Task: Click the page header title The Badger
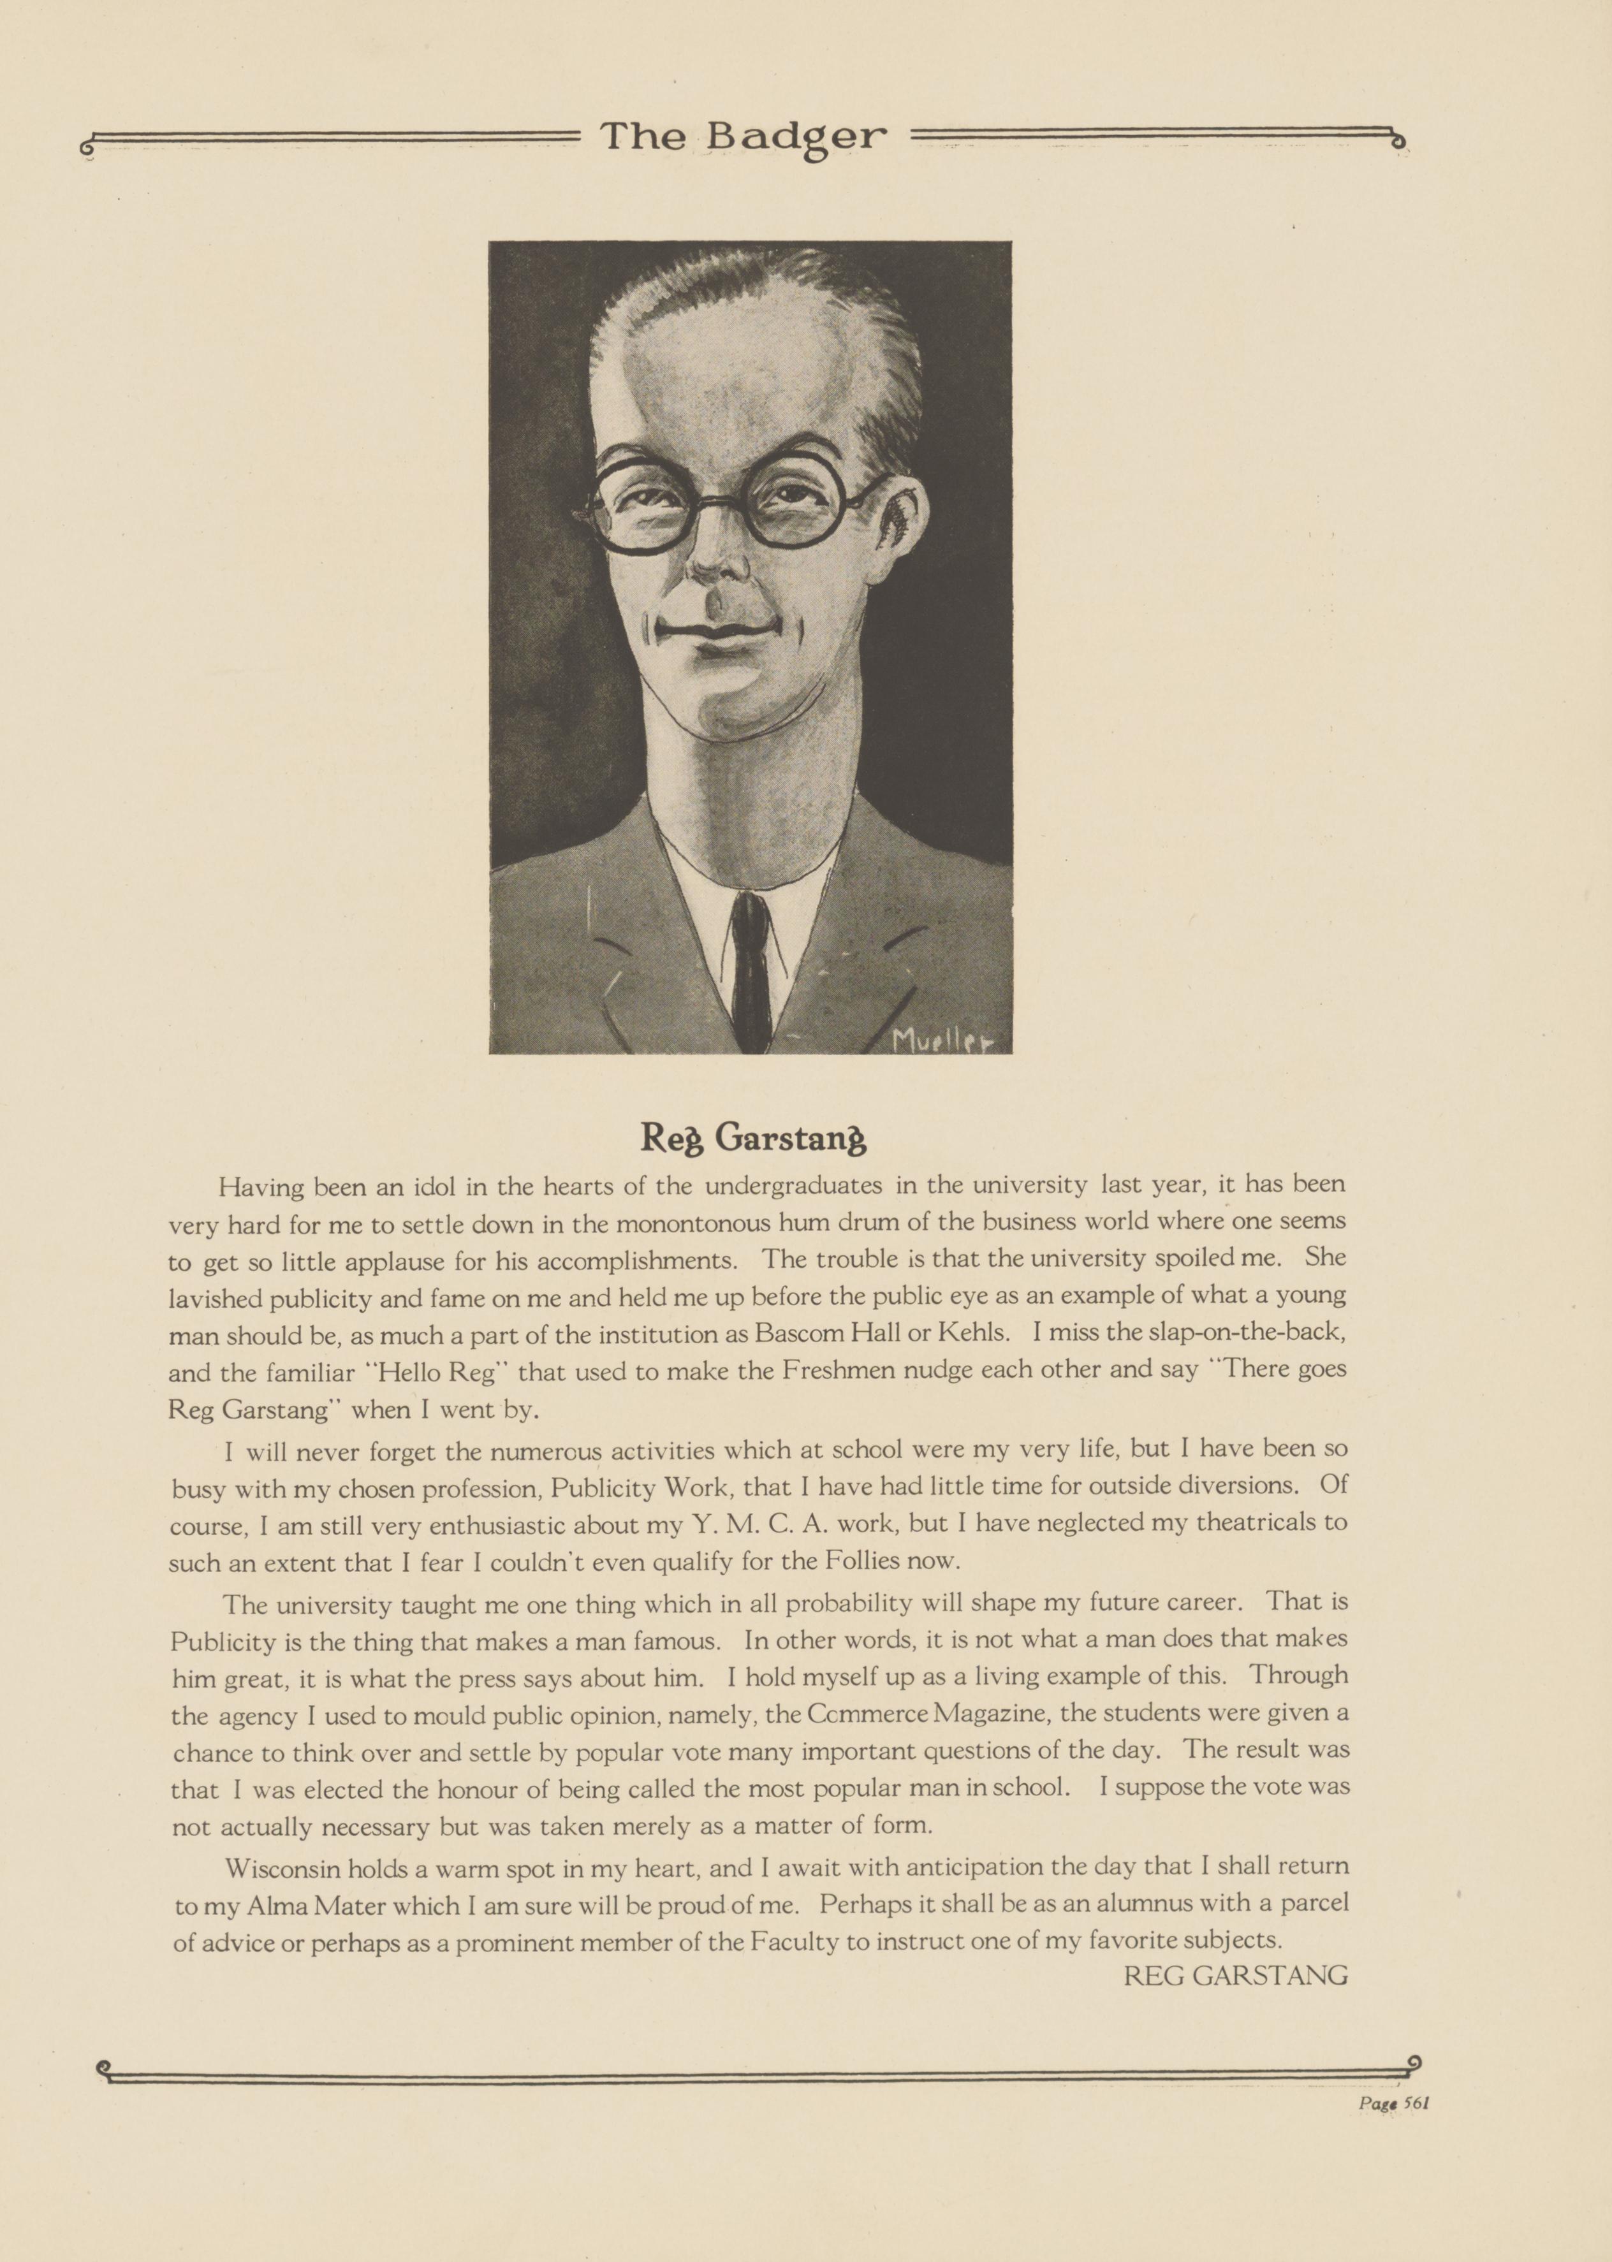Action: [x=742, y=136]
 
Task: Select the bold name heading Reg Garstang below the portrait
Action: [x=753, y=1139]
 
